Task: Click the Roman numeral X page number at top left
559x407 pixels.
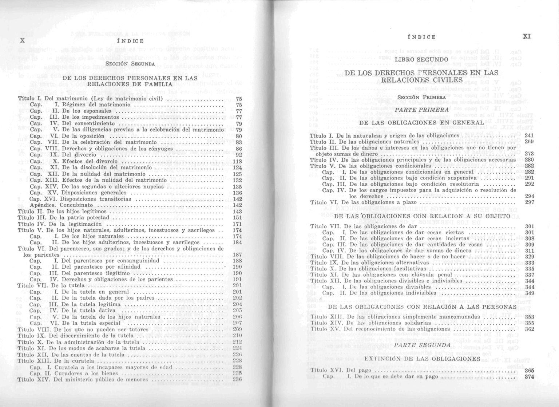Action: point(22,41)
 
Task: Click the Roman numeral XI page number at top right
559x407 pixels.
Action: point(526,36)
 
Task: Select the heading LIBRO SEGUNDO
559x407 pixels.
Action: point(421,59)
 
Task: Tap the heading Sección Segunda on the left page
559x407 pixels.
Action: point(130,64)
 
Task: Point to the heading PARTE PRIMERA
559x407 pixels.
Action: point(422,110)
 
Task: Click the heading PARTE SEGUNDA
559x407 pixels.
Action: point(422,345)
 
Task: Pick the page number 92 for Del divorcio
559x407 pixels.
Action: point(239,155)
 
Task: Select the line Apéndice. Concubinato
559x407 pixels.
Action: point(61,205)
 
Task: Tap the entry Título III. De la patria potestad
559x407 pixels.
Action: point(63,218)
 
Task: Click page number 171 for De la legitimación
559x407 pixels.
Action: point(237,224)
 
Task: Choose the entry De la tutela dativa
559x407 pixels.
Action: point(88,311)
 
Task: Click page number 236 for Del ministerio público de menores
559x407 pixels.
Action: point(237,379)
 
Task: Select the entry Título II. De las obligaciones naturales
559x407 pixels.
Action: point(364,142)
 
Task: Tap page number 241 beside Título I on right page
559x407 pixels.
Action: point(529,135)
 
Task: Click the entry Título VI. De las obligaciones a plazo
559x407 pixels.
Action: point(363,202)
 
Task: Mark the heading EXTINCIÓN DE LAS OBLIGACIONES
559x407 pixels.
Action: point(422,359)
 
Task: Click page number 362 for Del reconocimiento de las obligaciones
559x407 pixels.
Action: point(529,329)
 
